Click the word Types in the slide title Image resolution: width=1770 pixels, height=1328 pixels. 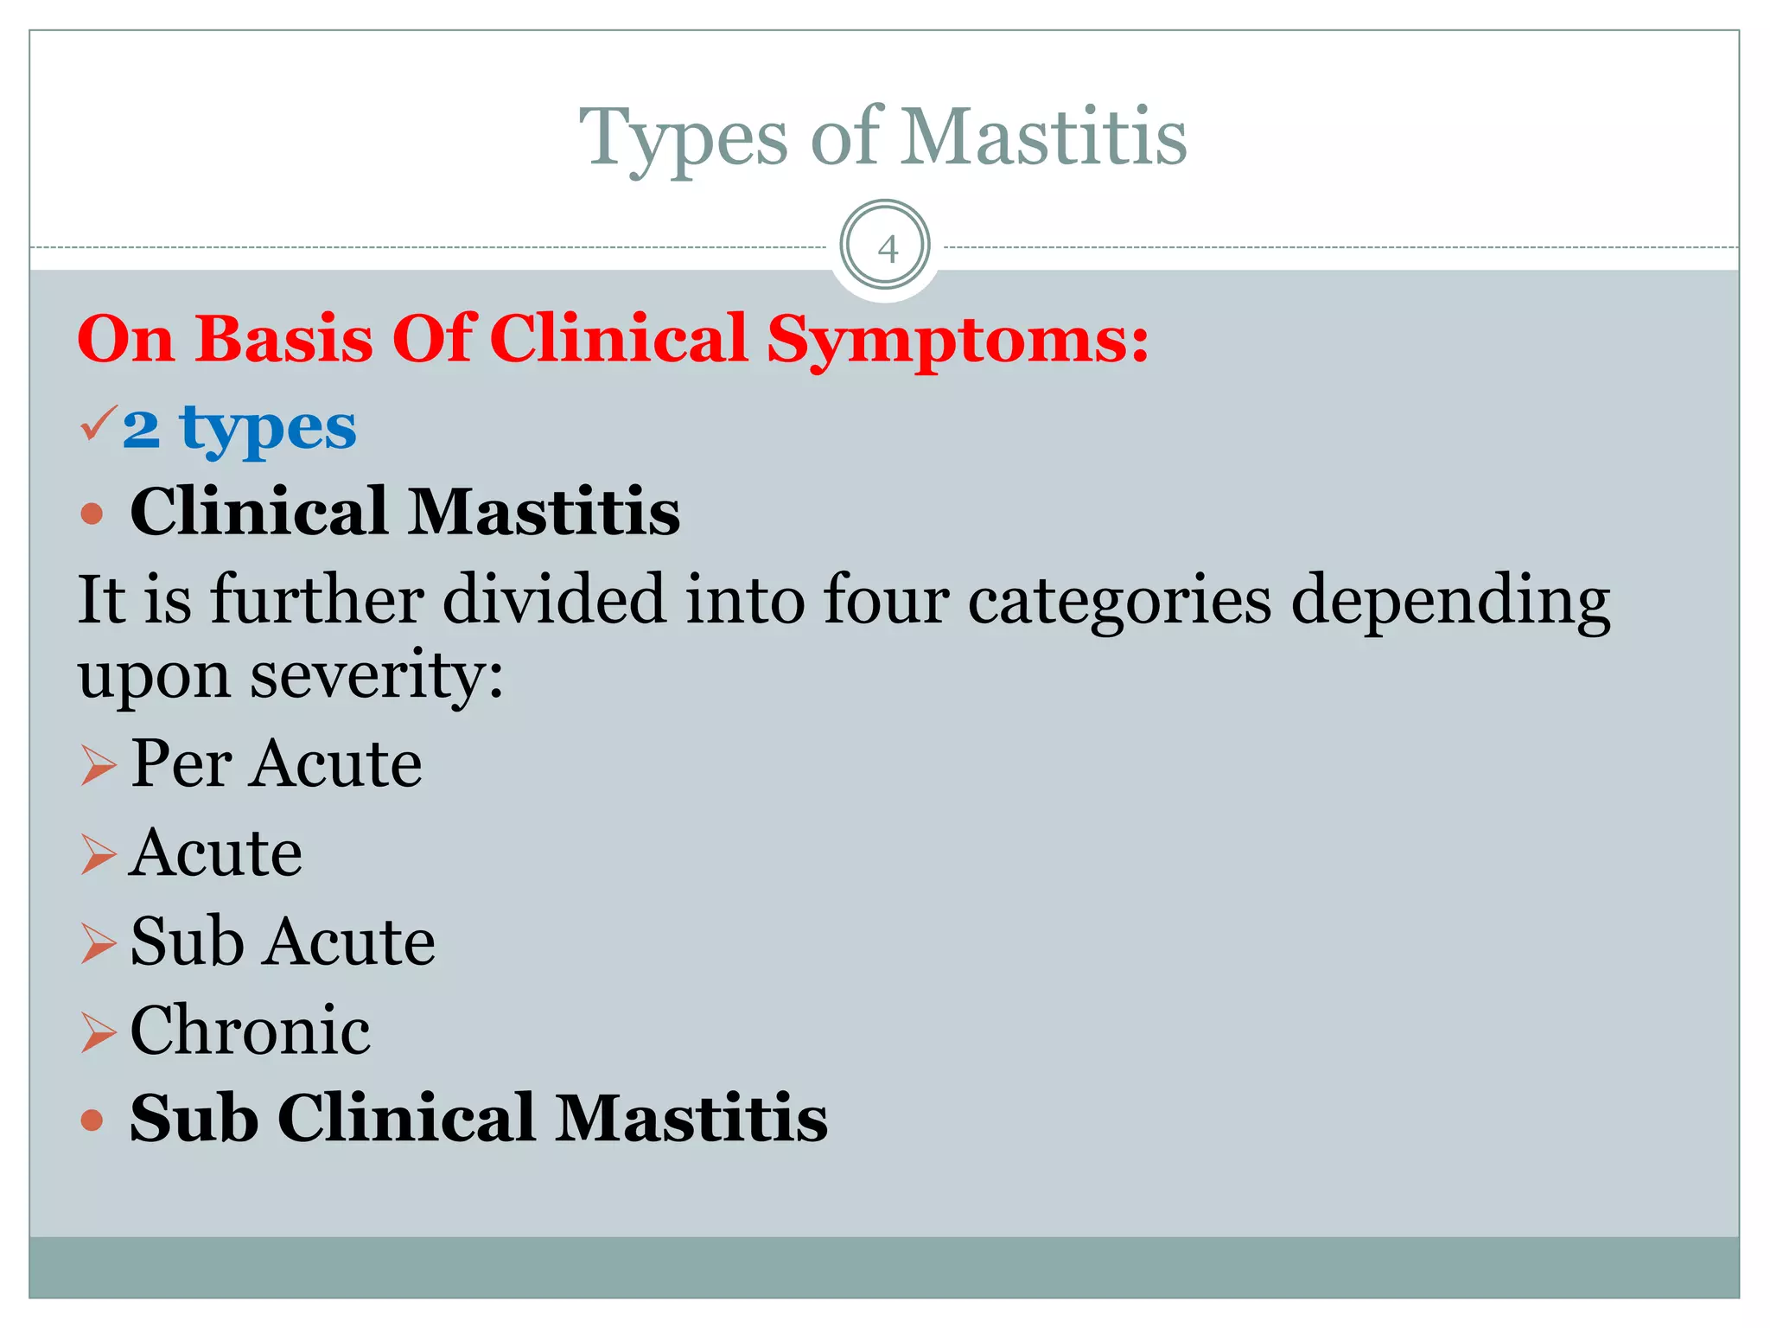pyautogui.click(x=683, y=138)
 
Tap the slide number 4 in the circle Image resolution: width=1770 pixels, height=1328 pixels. pyautogui.click(x=886, y=249)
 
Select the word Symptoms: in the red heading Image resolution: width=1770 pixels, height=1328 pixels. pyautogui.click(x=958, y=339)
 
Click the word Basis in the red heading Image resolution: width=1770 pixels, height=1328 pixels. pyautogui.click(x=284, y=339)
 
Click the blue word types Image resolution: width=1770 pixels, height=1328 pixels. pyautogui.click(x=268, y=429)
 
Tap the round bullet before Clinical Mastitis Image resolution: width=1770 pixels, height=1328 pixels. pyautogui.click(x=92, y=514)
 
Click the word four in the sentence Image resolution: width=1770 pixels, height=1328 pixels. pyautogui.click(x=886, y=599)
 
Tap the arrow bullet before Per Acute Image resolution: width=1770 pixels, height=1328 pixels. pyautogui.click(x=98, y=766)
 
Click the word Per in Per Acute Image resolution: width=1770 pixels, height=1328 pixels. pyautogui.click(x=181, y=764)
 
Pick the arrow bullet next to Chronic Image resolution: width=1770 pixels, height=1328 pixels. pyautogui.click(x=98, y=1032)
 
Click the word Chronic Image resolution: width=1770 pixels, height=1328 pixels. pyautogui.click(x=251, y=1031)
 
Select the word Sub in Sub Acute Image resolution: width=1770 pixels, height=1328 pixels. pyautogui.click(x=187, y=942)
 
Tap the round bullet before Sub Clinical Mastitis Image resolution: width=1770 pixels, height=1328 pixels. pyautogui.click(x=92, y=1120)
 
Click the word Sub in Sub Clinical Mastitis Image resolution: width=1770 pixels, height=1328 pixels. pyautogui.click(x=194, y=1119)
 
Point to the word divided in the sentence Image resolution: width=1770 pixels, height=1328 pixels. pyautogui.click(x=554, y=599)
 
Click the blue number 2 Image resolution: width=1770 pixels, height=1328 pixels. pyautogui.click(x=142, y=429)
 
